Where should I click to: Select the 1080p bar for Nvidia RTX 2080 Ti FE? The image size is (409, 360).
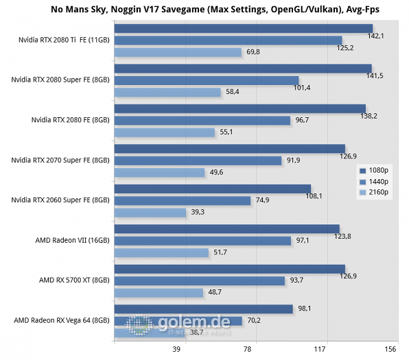[244, 28]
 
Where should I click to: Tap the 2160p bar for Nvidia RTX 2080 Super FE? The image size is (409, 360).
[167, 92]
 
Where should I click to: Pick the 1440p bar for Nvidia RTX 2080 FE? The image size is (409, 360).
[202, 120]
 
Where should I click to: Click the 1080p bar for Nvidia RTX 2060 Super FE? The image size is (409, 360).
[213, 189]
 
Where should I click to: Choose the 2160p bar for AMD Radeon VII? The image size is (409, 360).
[161, 252]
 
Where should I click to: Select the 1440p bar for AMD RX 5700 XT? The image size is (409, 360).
[200, 280]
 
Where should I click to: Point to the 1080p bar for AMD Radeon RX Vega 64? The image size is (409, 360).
[204, 309]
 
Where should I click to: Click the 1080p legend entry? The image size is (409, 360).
[375, 170]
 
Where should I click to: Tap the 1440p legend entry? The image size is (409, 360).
[375, 182]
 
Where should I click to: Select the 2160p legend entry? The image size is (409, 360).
[375, 193]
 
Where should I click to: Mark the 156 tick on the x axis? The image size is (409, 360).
[390, 349]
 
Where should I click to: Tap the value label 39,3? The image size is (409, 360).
[198, 213]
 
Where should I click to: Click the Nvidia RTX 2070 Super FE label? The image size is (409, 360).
[61, 160]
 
